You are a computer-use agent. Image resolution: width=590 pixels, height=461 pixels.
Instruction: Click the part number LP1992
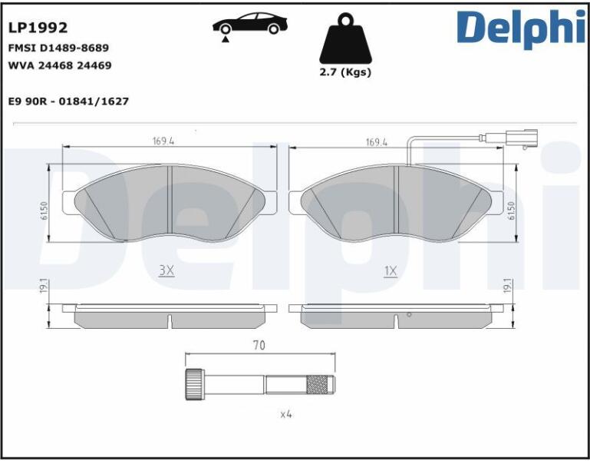tap(38, 28)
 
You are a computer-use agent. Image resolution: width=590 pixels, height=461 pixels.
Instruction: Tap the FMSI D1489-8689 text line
tap(58, 48)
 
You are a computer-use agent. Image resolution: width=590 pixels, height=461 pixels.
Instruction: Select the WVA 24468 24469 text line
tap(60, 65)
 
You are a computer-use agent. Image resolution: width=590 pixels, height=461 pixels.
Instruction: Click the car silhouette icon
tap(250, 24)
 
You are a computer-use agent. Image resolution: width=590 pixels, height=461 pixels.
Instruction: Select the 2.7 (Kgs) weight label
tap(345, 72)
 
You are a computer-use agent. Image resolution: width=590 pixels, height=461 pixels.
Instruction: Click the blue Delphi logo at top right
tap(522, 28)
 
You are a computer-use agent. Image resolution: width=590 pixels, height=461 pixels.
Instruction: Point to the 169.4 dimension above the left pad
tap(163, 141)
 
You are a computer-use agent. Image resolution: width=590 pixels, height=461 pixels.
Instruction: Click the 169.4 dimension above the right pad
tap(377, 142)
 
